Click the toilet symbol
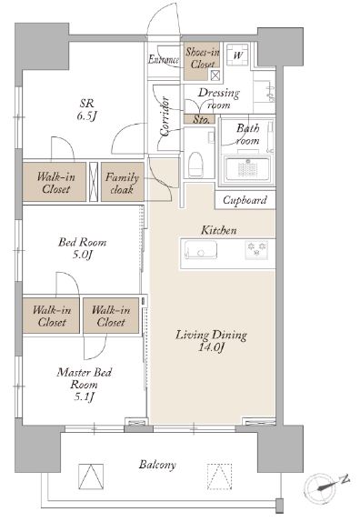pyautogui.click(x=195, y=165)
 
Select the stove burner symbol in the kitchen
pyautogui.click(x=256, y=249)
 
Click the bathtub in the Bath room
pyautogui.click(x=247, y=169)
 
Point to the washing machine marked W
pyautogui.click(x=237, y=55)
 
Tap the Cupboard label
pyautogui.click(x=245, y=200)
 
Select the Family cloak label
pyautogui.click(x=122, y=183)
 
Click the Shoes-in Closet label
pyautogui.click(x=203, y=57)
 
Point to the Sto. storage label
pyautogui.click(x=201, y=119)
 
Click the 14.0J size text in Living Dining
pyautogui.click(x=211, y=347)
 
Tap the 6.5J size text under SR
pyautogui.click(x=87, y=115)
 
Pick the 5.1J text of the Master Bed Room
pyautogui.click(x=84, y=397)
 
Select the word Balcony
pyautogui.click(x=157, y=465)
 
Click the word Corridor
pyautogui.click(x=165, y=116)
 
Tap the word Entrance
pyautogui.click(x=164, y=60)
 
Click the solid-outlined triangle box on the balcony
pyautogui.click(x=91, y=477)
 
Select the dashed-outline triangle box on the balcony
pyautogui.click(x=219, y=477)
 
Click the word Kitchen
pyautogui.click(x=218, y=230)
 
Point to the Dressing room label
pyautogui.click(x=218, y=98)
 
